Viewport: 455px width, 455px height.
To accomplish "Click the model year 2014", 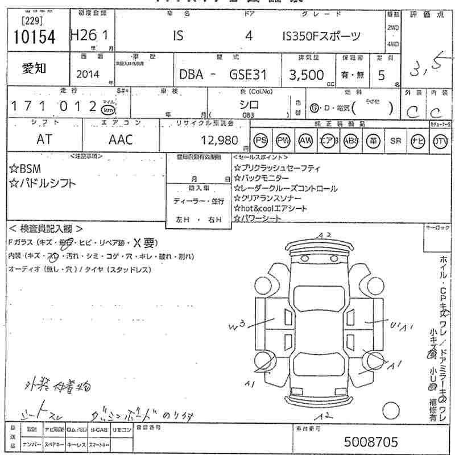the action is [87, 75].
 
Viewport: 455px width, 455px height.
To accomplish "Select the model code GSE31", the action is [242, 75].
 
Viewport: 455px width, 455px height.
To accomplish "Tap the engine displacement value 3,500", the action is [307, 75].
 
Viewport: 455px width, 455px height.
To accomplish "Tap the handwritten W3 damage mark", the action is [237, 326].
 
